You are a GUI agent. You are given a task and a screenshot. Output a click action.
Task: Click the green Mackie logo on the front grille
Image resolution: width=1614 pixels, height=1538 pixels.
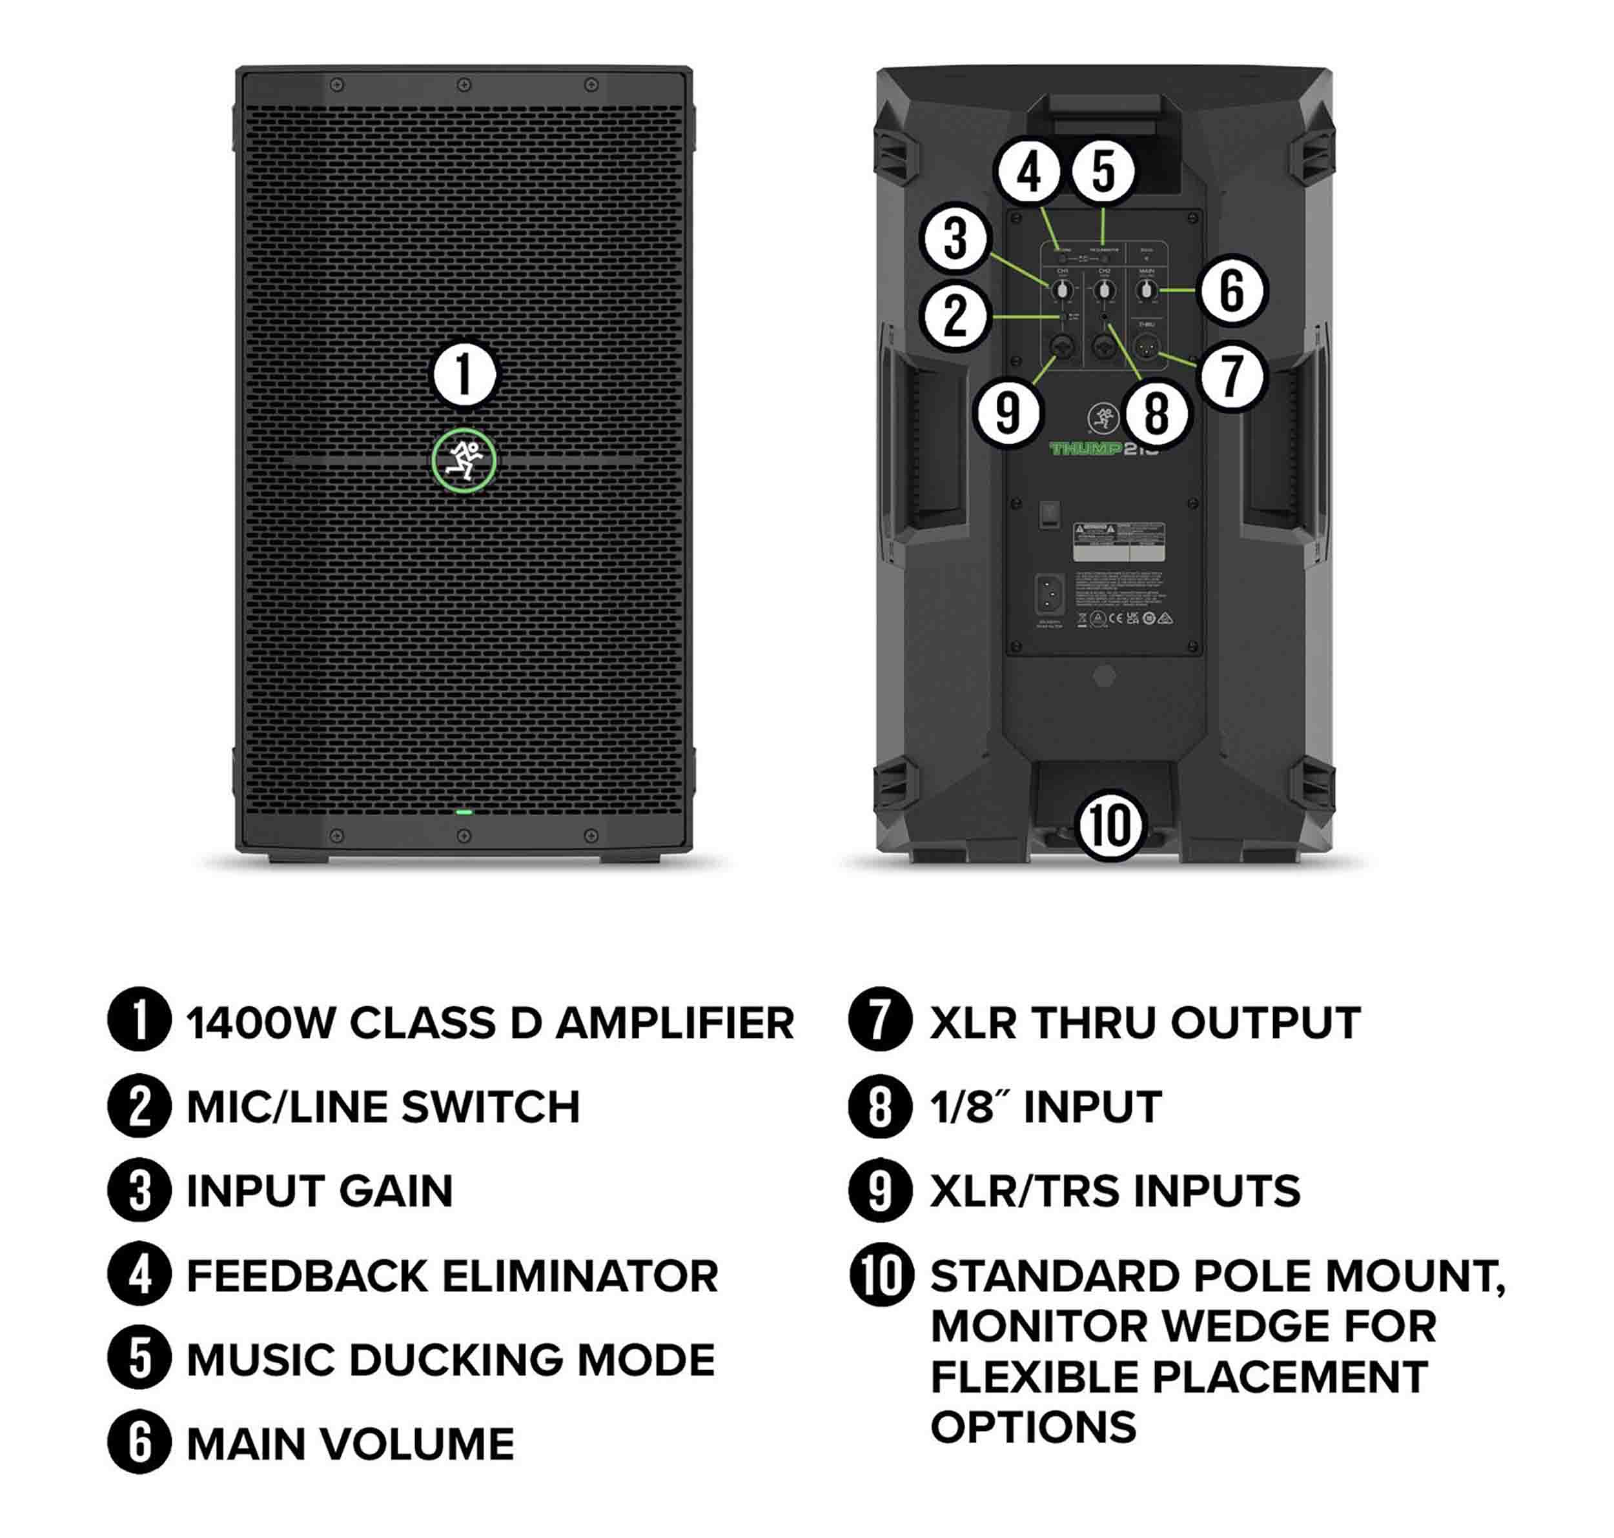tap(464, 461)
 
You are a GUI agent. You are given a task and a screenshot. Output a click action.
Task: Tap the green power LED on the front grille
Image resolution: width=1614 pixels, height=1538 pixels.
tap(464, 813)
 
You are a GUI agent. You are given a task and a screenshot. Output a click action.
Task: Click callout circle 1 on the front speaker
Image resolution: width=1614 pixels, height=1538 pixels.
tap(464, 374)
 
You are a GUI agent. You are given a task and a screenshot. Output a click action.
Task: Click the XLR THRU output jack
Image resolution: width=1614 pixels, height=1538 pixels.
tap(1146, 349)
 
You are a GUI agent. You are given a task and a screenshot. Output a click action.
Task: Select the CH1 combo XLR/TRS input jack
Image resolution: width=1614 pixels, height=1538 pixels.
tap(1062, 349)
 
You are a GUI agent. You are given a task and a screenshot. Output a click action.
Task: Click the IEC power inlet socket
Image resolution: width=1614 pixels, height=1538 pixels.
tap(1050, 592)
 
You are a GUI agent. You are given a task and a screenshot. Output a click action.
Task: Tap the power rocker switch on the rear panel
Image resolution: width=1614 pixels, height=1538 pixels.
tap(1050, 514)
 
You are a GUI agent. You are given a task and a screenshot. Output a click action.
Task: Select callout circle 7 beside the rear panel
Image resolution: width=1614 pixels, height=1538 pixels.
tap(1231, 376)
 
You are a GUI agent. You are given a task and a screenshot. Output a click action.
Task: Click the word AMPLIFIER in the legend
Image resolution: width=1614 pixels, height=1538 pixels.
tap(675, 1023)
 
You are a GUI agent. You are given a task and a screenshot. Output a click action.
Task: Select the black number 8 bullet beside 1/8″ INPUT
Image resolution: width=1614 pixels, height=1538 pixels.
tap(880, 1107)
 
